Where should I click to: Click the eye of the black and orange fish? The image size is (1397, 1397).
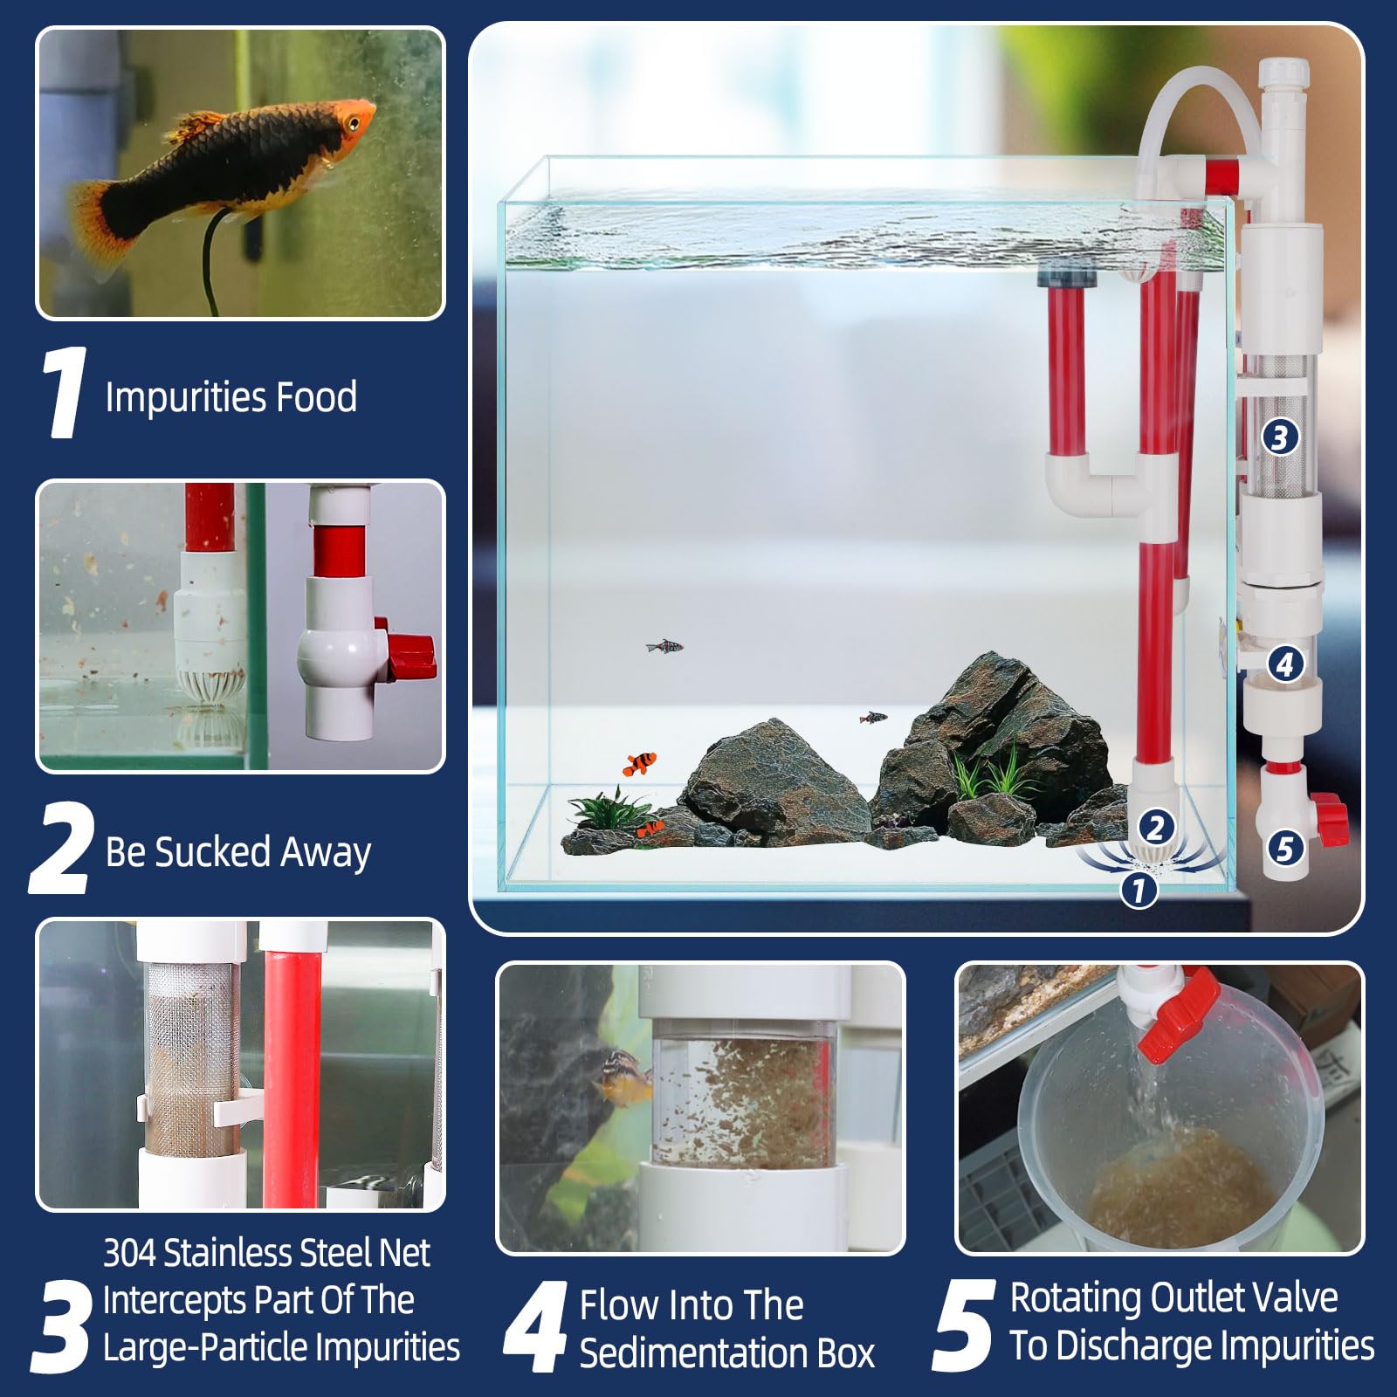point(353,125)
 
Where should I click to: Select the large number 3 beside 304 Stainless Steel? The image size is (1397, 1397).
point(63,1325)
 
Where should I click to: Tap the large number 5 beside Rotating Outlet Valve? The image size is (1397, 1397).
point(963,1325)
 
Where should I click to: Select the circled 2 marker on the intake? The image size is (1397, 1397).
point(1155,826)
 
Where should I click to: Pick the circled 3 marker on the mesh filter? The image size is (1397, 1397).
point(1279,437)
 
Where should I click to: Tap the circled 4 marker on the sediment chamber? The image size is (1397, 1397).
point(1283,664)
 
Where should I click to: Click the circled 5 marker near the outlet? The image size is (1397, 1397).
point(1284,847)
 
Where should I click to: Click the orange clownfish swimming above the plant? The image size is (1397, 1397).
point(640,763)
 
